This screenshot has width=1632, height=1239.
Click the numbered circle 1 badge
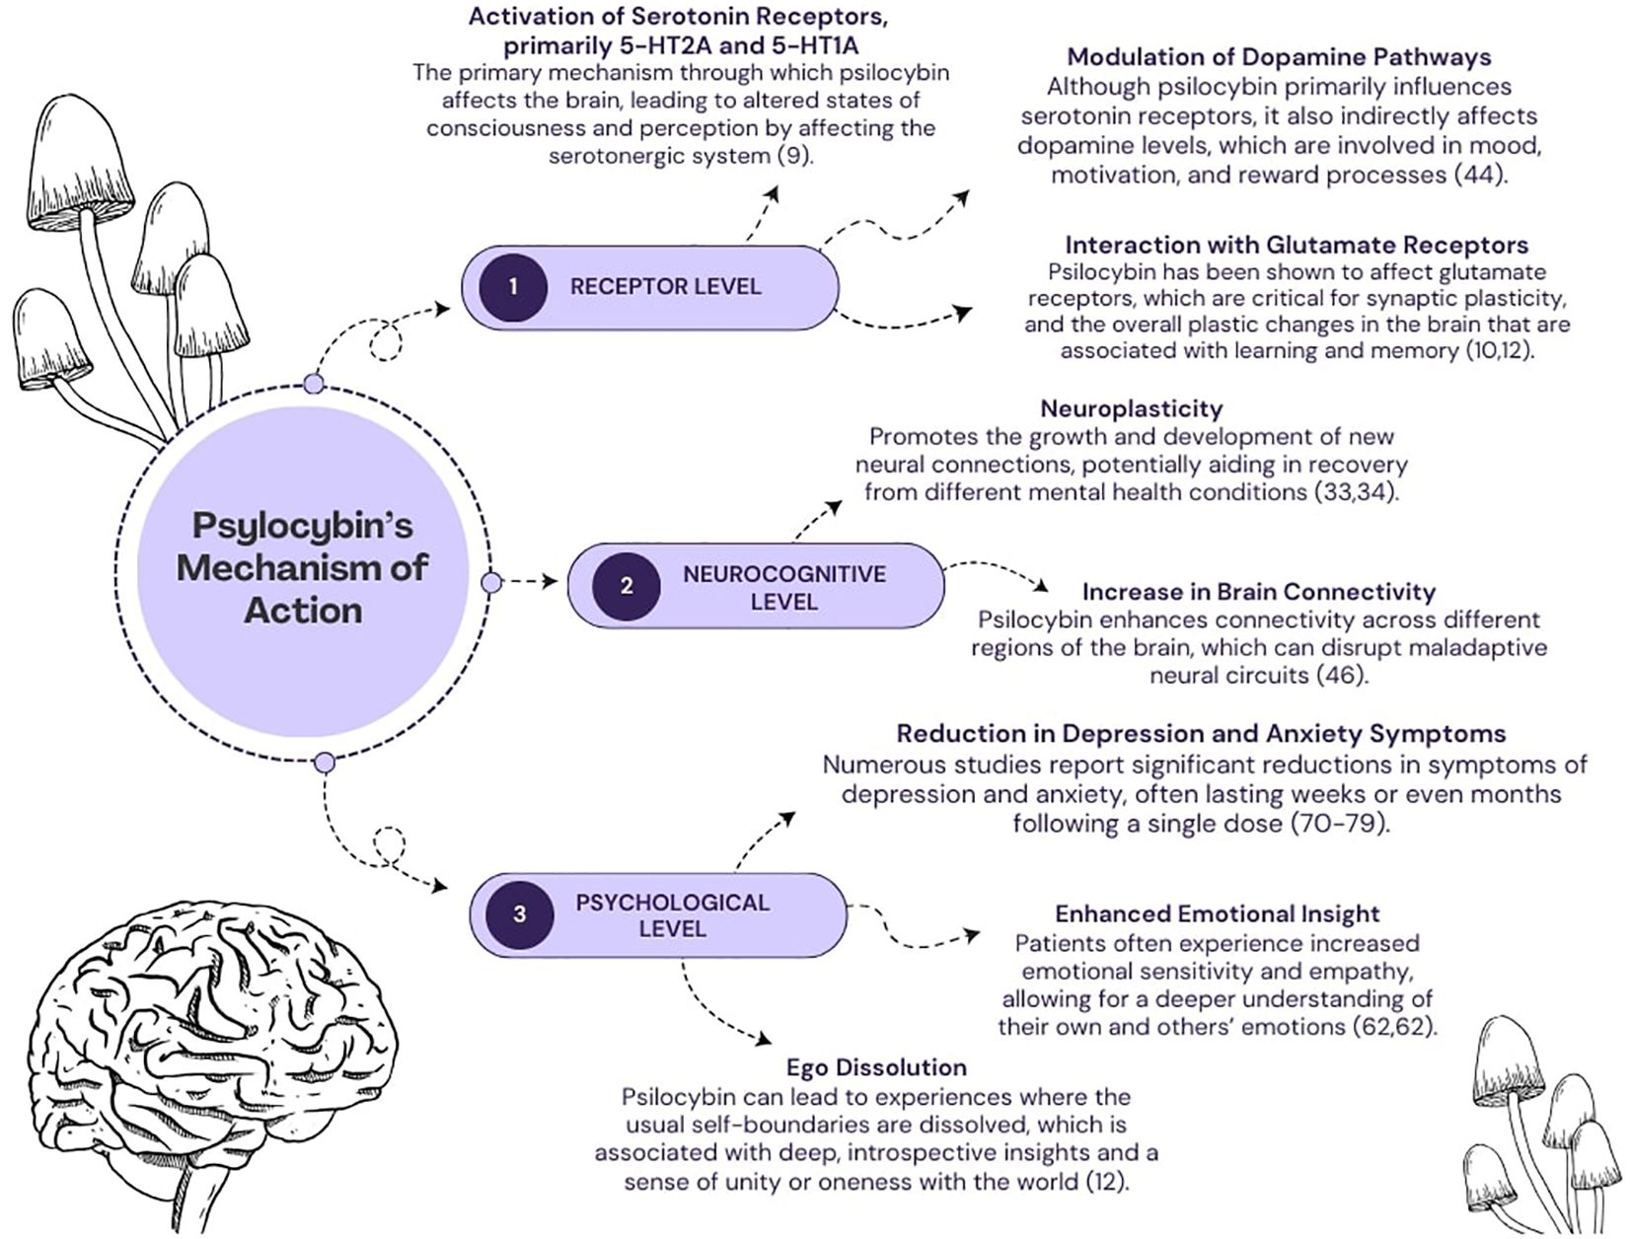click(512, 287)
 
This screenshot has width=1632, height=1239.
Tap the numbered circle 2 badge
click(626, 586)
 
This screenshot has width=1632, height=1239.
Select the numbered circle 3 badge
click(519, 914)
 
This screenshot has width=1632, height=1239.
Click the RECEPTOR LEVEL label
click(666, 287)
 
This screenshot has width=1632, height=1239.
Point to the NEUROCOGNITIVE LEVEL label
click(784, 587)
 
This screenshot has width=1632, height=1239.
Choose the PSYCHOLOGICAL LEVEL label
click(672, 915)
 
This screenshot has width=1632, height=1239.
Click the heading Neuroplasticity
click(1131, 408)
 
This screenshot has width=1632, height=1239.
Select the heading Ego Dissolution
click(876, 1067)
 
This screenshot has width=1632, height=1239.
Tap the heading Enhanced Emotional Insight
click(1217, 913)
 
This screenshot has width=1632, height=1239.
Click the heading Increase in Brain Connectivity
click(1258, 592)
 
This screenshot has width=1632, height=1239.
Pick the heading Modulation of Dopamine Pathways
click(1279, 57)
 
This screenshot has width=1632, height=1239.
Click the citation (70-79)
click(1339, 823)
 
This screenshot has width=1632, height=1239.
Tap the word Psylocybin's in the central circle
click(302, 525)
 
